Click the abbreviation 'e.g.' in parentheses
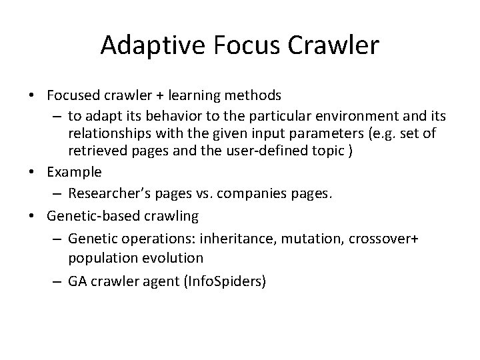(x=388, y=134)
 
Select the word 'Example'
(x=75, y=171)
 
